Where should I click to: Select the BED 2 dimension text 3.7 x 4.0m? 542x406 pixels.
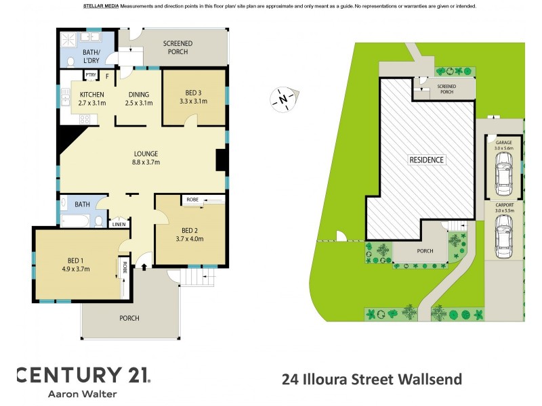click(x=190, y=238)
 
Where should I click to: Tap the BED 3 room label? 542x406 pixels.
click(x=193, y=92)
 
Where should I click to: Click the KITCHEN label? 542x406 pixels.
click(x=92, y=94)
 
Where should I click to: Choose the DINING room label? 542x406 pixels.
click(x=138, y=94)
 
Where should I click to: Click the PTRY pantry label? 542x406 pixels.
click(x=91, y=74)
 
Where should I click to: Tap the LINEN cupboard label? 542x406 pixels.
click(x=119, y=224)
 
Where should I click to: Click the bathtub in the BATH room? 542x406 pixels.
click(x=75, y=220)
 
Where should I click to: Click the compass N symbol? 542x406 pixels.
click(x=283, y=99)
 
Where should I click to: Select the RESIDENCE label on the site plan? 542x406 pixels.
click(x=426, y=160)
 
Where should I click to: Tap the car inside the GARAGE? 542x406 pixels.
click(x=503, y=173)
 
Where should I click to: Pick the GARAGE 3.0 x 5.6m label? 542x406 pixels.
click(x=503, y=145)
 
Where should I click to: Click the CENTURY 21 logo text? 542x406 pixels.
click(x=83, y=375)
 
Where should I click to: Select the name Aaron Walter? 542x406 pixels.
click(x=83, y=394)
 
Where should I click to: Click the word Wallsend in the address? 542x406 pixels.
click(x=433, y=380)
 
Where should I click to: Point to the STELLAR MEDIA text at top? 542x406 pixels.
click(x=100, y=6)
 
